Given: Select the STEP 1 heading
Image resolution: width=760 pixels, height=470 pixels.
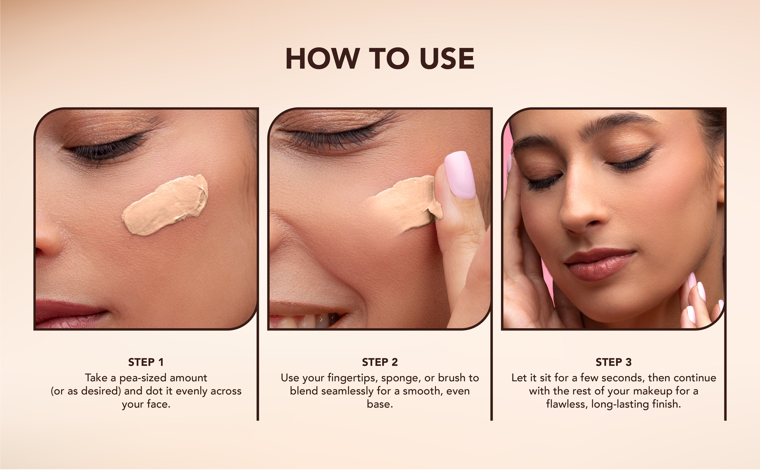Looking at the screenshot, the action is [x=146, y=362].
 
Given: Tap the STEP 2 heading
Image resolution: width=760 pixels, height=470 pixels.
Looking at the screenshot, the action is [x=380, y=362].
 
